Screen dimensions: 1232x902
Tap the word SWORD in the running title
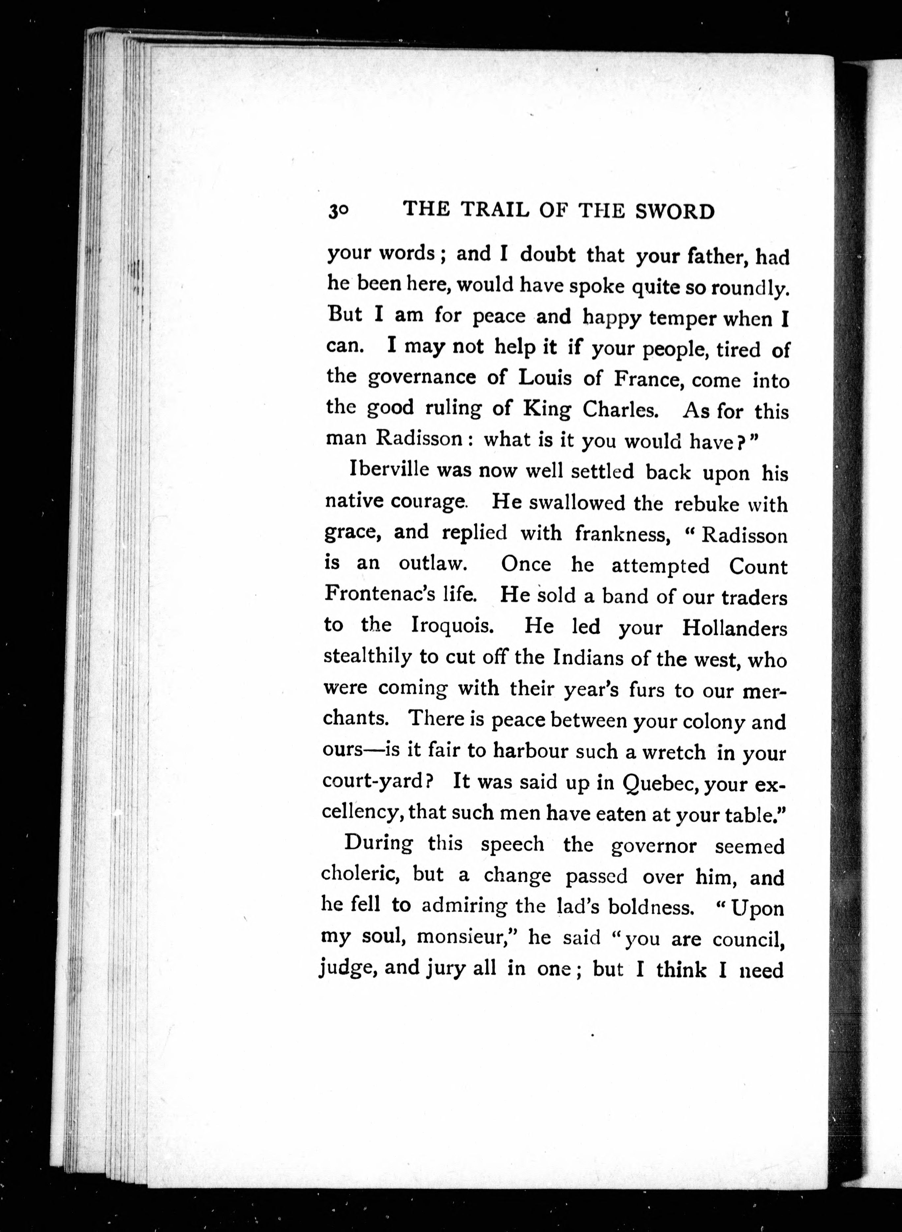pos(675,211)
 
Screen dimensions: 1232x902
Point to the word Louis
pos(544,378)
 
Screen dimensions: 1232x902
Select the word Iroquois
pos(453,625)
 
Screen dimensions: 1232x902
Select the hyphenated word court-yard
pos(377,782)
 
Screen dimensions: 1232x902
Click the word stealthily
pos(368,657)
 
